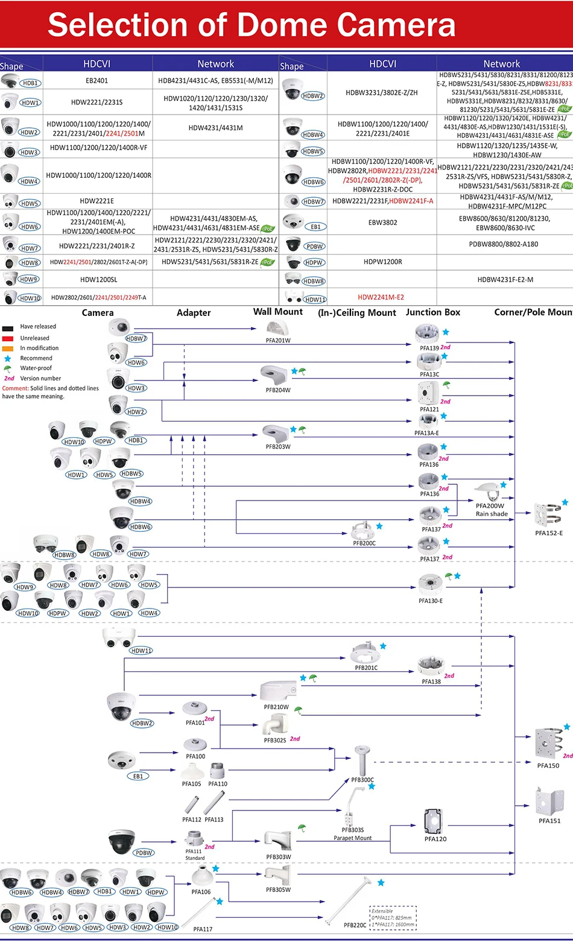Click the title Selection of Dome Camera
pyautogui.click(x=252, y=25)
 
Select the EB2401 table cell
pyautogui.click(x=97, y=80)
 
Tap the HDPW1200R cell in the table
pyautogui.click(x=382, y=262)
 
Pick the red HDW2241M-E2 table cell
pyautogui.click(x=381, y=297)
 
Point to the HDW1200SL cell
pyautogui.click(x=98, y=279)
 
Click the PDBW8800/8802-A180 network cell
pyautogui.click(x=503, y=244)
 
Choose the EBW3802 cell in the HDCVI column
pyautogui.click(x=382, y=223)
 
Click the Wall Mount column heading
pyautogui.click(x=277, y=312)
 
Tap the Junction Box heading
pyautogui.click(x=432, y=312)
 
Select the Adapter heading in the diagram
pyautogui.click(x=194, y=313)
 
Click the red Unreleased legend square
pyautogui.click(x=8, y=338)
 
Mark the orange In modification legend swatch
pyautogui.click(x=8, y=349)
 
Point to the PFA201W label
pyautogui.click(x=278, y=341)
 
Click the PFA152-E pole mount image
pyautogui.click(x=548, y=514)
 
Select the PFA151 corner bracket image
pyautogui.click(x=549, y=800)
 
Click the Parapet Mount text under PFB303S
pyautogui.click(x=353, y=838)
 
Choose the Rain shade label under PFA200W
pyautogui.click(x=492, y=514)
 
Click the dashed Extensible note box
pyautogui.click(x=393, y=918)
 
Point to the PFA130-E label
pyautogui.click(x=431, y=601)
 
